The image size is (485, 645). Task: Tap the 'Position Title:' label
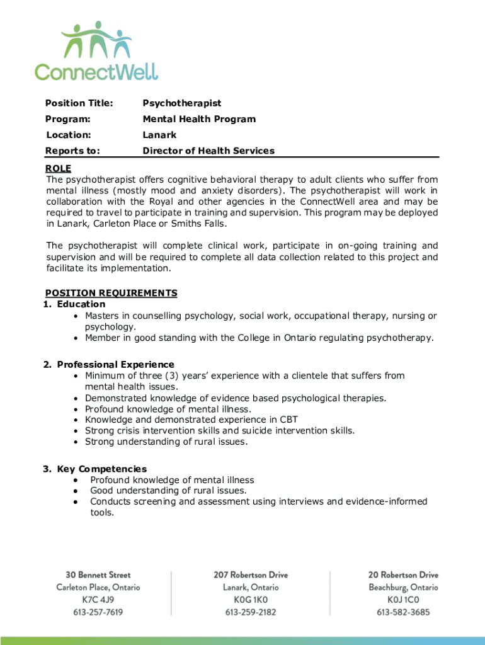(79, 103)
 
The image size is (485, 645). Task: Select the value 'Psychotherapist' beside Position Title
(182, 103)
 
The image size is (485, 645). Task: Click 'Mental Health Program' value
(199, 119)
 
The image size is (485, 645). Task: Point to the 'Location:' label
(69, 135)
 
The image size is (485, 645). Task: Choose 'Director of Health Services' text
(208, 151)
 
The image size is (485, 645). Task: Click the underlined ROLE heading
(59, 168)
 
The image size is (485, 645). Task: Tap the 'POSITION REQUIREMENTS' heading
(111, 293)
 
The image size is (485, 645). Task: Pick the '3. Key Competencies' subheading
(94, 469)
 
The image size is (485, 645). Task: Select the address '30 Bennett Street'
(98, 574)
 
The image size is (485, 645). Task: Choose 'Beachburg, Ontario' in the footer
(403, 587)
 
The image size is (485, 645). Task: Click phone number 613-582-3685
(403, 612)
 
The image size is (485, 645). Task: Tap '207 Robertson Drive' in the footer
(250, 574)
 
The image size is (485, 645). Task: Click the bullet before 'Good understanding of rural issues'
(76, 491)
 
